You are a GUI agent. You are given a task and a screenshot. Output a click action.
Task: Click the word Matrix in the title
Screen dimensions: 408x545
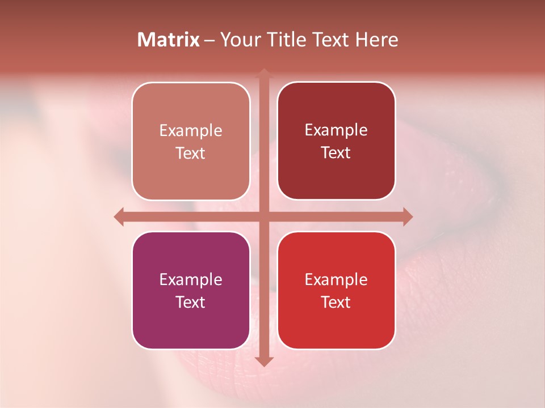click(169, 40)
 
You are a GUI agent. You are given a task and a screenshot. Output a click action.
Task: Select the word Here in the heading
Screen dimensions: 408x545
click(377, 40)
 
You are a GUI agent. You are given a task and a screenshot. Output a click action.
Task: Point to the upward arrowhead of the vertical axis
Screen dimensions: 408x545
click(263, 73)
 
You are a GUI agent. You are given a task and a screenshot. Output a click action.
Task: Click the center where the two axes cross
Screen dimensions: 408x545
click(263, 216)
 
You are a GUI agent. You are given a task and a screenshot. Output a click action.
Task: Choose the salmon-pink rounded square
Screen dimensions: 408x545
click(191, 141)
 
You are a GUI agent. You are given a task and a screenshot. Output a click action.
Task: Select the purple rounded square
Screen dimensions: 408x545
click(191, 290)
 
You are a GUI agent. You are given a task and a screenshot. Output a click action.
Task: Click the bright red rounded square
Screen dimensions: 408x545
click(336, 290)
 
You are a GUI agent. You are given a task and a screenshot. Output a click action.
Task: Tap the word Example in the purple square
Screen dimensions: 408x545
click(191, 279)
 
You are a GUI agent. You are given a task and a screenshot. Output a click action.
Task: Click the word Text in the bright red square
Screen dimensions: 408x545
click(336, 302)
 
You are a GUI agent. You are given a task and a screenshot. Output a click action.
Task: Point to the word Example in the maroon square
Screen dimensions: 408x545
click(336, 130)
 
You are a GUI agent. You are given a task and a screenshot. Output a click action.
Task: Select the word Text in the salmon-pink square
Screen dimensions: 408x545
click(191, 153)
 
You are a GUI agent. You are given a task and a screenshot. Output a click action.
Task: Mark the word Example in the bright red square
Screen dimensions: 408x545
click(336, 279)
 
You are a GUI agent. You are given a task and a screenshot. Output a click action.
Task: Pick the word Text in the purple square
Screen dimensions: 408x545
click(191, 302)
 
